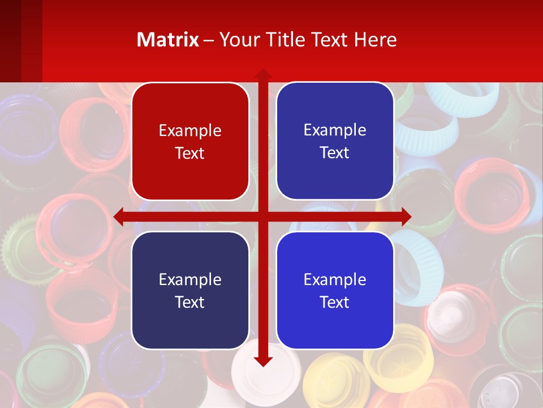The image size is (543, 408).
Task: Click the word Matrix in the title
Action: tap(168, 40)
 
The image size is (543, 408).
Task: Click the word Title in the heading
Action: tap(282, 40)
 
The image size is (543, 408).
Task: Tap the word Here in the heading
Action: tap(375, 40)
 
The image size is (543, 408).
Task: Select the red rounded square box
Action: tap(190, 141)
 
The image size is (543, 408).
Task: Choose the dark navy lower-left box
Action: tap(190, 290)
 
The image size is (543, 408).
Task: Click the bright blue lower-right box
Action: tap(335, 290)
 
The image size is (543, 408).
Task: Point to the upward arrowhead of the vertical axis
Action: tap(262, 73)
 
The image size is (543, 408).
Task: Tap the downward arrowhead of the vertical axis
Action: tap(262, 361)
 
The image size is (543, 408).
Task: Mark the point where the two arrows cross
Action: tap(262, 216)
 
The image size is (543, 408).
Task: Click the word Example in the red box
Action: tap(190, 130)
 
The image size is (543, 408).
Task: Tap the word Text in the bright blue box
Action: tap(335, 302)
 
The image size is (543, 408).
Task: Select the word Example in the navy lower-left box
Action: tap(190, 279)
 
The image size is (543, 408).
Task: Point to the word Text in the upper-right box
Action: tap(335, 152)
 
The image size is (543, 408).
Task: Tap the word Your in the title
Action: tap(238, 40)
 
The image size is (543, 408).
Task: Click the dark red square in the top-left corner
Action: tap(10, 40)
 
